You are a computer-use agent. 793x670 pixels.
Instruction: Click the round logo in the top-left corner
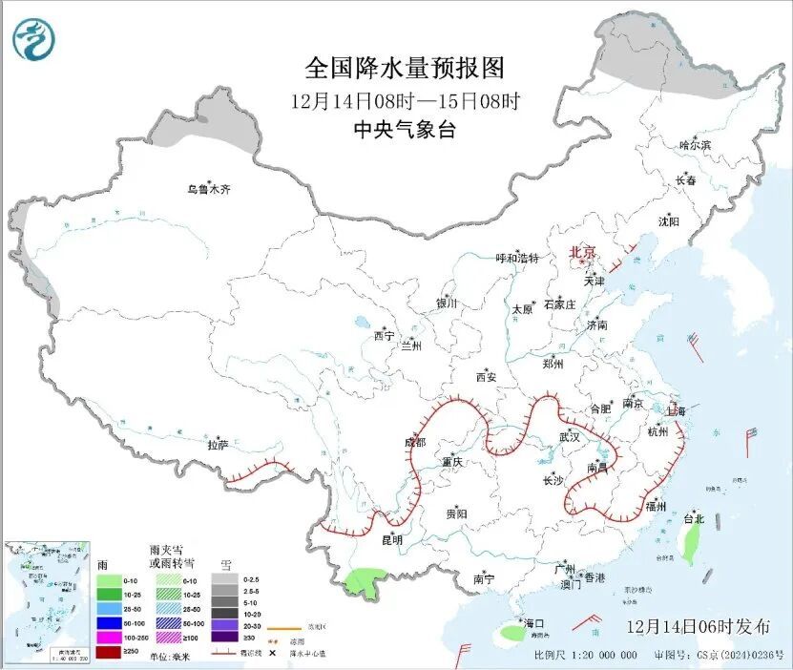click(x=34, y=39)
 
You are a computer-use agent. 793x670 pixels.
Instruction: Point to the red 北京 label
click(x=582, y=252)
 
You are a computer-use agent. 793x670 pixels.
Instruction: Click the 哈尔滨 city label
click(x=695, y=145)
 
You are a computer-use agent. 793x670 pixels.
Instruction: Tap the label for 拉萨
click(x=219, y=445)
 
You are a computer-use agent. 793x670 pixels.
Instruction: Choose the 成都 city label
click(x=415, y=442)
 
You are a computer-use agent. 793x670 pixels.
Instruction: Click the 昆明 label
click(x=391, y=540)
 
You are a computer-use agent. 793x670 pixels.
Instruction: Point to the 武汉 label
click(x=570, y=436)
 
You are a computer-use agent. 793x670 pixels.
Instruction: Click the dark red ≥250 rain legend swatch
click(x=109, y=651)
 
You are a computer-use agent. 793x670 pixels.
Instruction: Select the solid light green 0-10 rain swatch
click(x=109, y=579)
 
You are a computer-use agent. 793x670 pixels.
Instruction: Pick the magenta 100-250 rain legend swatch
click(x=109, y=637)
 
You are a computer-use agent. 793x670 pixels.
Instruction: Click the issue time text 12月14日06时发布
click(x=699, y=627)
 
